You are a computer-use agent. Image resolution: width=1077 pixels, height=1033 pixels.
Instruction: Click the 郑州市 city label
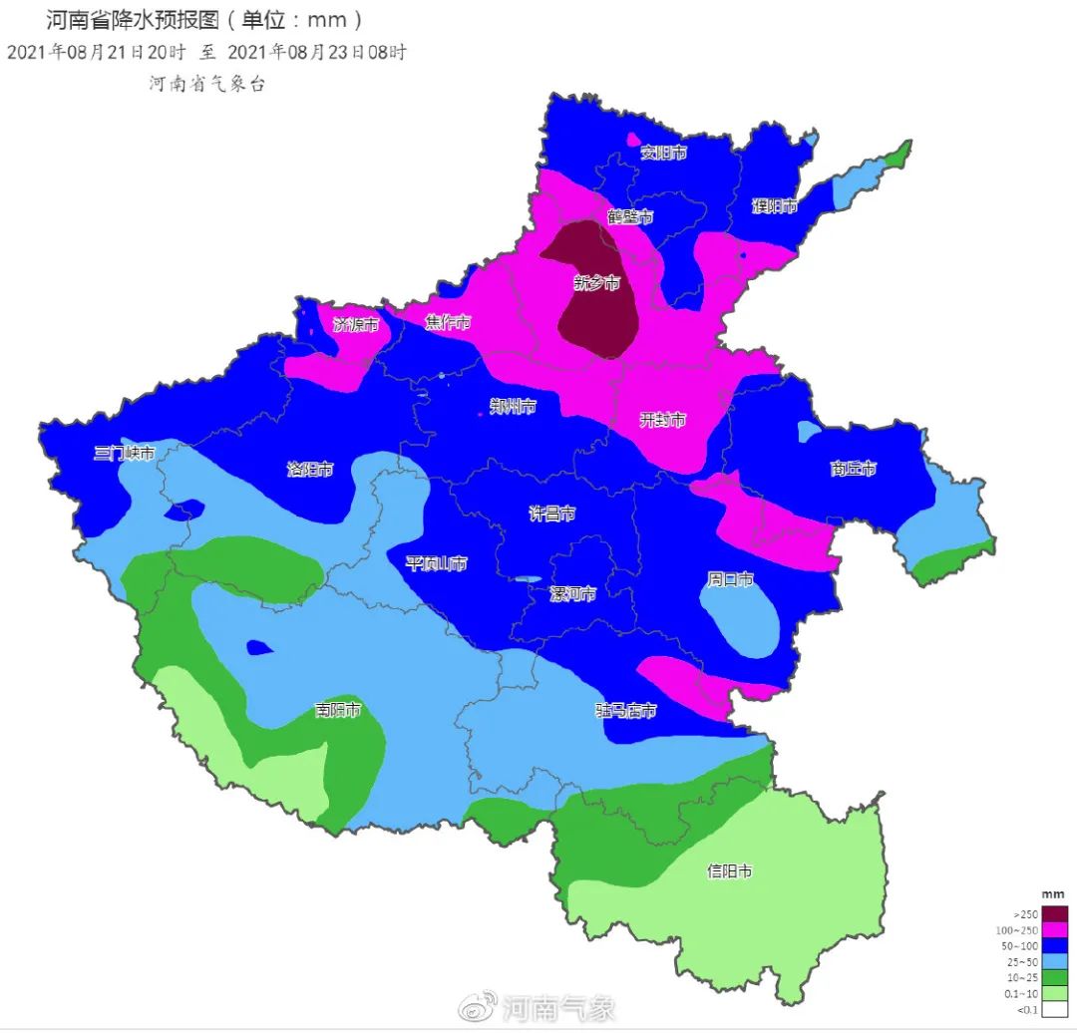(513, 407)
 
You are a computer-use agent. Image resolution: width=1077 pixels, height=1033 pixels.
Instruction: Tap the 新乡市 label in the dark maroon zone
(596, 283)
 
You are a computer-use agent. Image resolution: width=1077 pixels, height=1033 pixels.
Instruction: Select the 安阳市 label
(663, 153)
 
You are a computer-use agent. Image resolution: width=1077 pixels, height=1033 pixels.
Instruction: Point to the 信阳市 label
(729, 870)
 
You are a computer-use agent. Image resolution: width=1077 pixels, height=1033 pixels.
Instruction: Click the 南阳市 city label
(337, 710)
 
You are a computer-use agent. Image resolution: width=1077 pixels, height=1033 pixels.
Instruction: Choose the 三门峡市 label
(125, 453)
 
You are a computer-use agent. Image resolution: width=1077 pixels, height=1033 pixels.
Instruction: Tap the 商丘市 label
(853, 469)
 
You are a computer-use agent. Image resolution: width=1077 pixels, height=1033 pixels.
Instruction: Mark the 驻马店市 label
(626, 711)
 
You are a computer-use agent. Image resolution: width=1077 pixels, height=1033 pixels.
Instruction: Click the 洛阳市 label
(310, 469)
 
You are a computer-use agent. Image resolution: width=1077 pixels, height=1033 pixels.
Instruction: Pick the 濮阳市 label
(775, 206)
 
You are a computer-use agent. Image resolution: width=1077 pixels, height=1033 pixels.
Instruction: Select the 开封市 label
(662, 421)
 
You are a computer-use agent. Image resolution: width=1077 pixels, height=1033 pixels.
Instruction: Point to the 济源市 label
(356, 324)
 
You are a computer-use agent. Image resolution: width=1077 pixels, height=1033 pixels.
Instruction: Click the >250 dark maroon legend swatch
(1056, 913)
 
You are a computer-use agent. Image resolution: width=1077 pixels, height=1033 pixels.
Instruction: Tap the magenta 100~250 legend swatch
(1056, 929)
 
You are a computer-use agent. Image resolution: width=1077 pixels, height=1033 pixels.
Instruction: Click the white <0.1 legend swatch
(1056, 1010)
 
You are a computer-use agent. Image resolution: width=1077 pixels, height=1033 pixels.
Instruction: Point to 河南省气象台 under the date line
(207, 84)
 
